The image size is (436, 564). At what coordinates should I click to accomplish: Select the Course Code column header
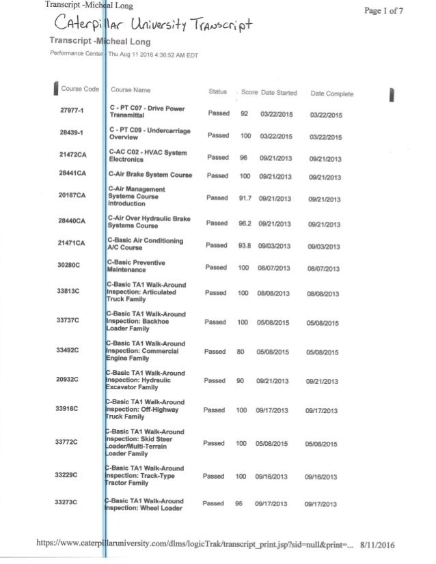click(80, 89)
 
